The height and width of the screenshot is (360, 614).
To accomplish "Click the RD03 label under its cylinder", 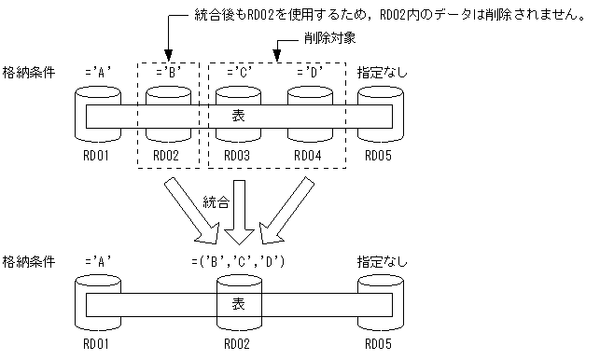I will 238,156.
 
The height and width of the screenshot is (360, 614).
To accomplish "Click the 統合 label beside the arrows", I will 216,201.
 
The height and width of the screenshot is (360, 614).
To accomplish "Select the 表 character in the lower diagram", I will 239,305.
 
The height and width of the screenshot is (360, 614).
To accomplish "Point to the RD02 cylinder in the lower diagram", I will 238,322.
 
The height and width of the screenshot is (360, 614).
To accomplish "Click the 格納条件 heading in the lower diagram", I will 27,261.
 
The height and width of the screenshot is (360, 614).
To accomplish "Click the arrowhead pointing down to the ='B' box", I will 169,54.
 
